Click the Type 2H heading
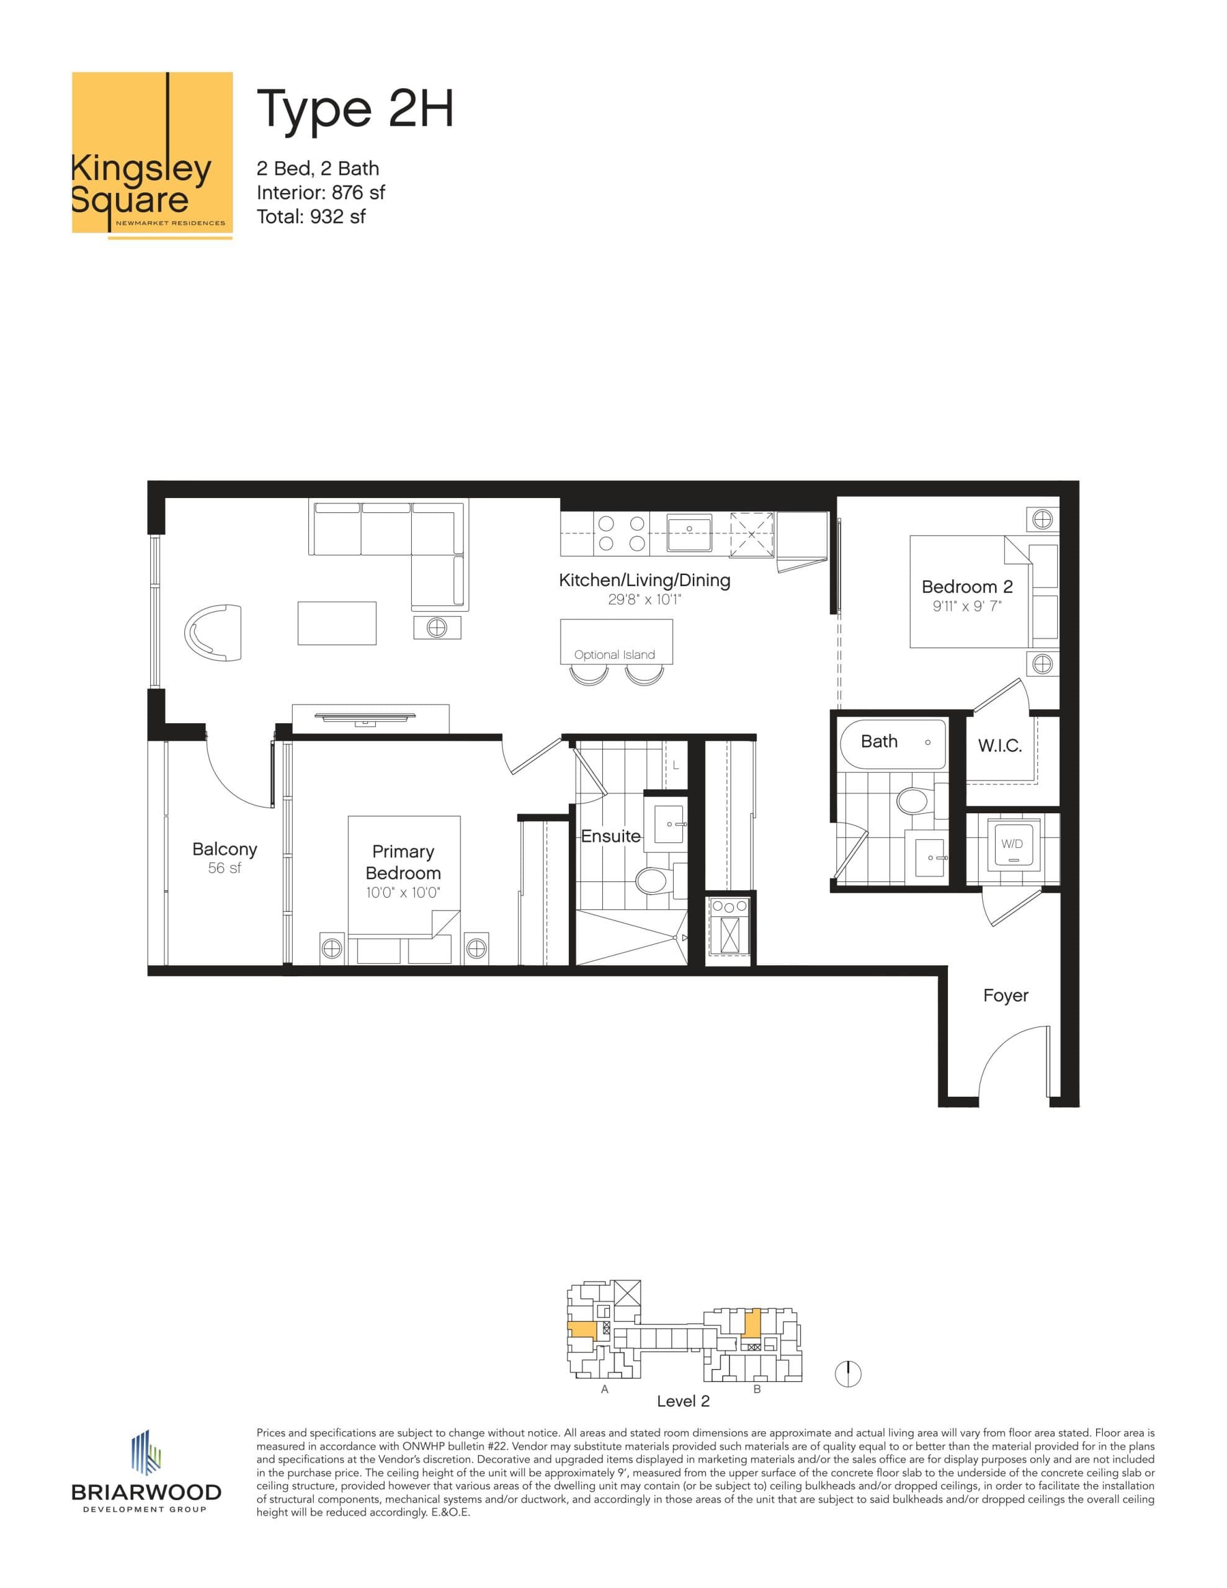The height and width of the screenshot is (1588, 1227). coord(355,109)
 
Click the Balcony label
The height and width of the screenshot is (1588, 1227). coord(225,849)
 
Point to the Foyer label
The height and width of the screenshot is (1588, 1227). coord(1005,996)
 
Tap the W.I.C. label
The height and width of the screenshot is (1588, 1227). coord(999,745)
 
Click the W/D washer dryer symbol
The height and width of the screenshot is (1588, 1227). coord(1012,844)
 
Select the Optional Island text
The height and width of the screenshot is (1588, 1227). coord(615,654)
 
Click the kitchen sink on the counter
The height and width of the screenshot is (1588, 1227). coord(689,535)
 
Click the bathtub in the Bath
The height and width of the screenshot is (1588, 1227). coord(893,744)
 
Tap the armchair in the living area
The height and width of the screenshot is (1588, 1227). coord(214,632)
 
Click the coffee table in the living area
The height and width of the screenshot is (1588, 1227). coord(337,623)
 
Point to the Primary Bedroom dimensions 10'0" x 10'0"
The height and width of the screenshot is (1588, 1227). coord(404,893)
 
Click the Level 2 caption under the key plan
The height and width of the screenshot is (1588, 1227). coord(683,1401)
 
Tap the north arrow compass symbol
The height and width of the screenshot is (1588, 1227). coord(848,1373)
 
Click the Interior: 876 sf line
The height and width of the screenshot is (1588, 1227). coord(321,193)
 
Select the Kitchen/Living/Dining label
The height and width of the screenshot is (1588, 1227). coord(645,580)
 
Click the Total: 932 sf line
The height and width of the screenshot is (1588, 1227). coord(311,216)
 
